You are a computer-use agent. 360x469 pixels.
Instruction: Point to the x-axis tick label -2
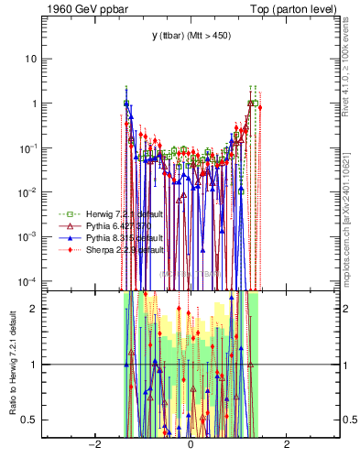click(x=93, y=444)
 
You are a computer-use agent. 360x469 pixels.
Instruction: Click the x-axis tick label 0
click(x=191, y=444)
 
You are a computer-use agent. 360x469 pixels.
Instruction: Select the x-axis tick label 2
click(x=287, y=444)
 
